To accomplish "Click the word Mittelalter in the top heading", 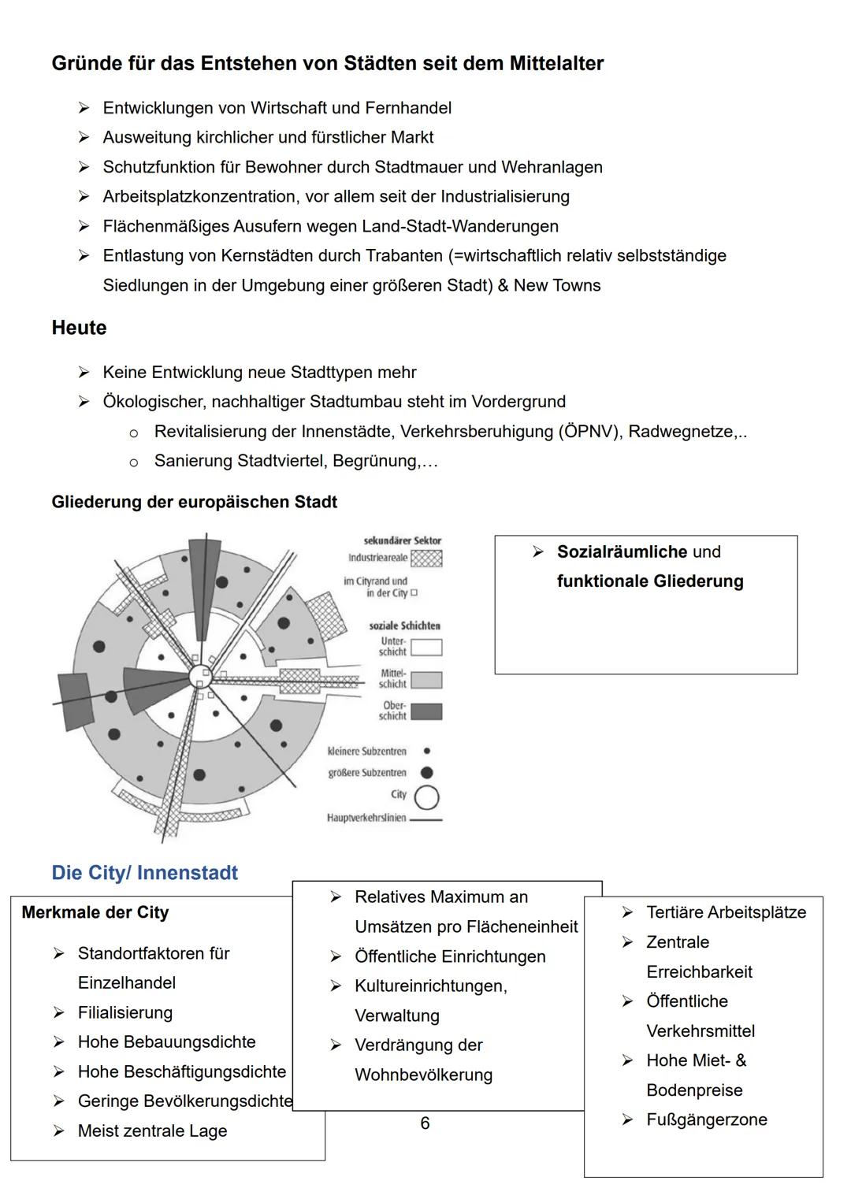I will click(556, 64).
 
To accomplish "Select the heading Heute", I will click(79, 328).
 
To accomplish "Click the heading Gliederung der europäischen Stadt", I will click(194, 503).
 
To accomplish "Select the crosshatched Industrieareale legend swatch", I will click(426, 558).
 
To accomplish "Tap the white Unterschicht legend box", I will click(426, 648).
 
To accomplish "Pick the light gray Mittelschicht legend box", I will click(426, 679).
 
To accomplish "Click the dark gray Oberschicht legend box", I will click(426, 711).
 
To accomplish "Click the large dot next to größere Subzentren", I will click(427, 773).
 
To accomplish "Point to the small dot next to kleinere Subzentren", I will click(427, 752).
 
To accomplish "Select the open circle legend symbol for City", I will click(426, 797).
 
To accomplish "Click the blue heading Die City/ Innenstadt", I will click(144, 873).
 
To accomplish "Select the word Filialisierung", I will click(124, 1013).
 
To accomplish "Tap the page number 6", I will click(425, 1123).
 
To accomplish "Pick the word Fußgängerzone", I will click(706, 1120).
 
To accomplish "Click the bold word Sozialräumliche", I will click(622, 552).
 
